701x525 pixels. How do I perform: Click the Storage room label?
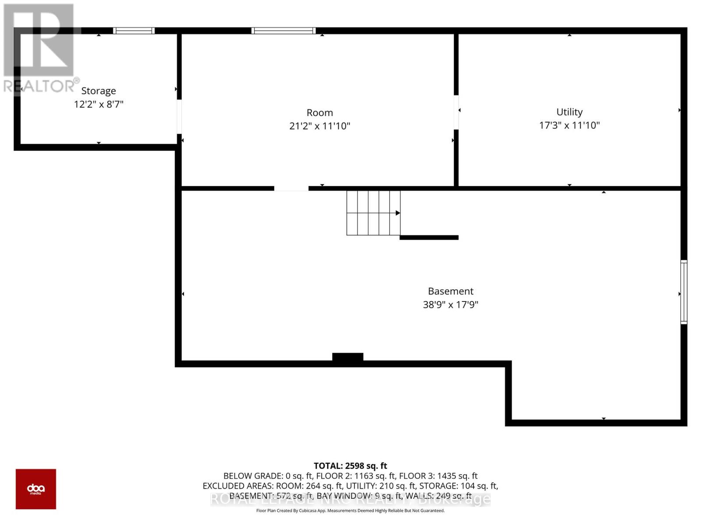[x=99, y=91]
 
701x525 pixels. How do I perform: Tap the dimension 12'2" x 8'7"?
[x=99, y=104]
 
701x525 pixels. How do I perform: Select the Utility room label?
[x=569, y=112]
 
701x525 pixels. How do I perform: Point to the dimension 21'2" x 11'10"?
[x=319, y=126]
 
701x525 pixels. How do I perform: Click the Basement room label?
[x=450, y=291]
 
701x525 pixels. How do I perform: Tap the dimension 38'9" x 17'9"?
[x=450, y=304]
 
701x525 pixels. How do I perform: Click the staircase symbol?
[x=373, y=213]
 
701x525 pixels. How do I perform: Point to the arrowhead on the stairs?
[x=398, y=213]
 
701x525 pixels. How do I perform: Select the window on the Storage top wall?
[x=134, y=31]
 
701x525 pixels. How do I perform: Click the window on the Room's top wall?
[x=283, y=31]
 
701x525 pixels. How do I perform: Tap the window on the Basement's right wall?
[x=683, y=292]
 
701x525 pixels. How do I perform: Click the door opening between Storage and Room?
[x=179, y=116]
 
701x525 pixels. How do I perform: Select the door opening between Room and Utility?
[x=456, y=112]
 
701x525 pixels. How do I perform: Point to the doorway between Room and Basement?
[x=291, y=189]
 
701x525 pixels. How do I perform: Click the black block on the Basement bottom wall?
[x=347, y=357]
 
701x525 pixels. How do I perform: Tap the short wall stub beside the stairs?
[x=429, y=238]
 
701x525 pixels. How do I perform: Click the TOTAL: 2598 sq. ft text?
[x=350, y=465]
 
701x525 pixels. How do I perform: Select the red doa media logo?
[x=36, y=489]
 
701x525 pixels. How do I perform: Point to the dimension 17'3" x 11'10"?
[x=569, y=125]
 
